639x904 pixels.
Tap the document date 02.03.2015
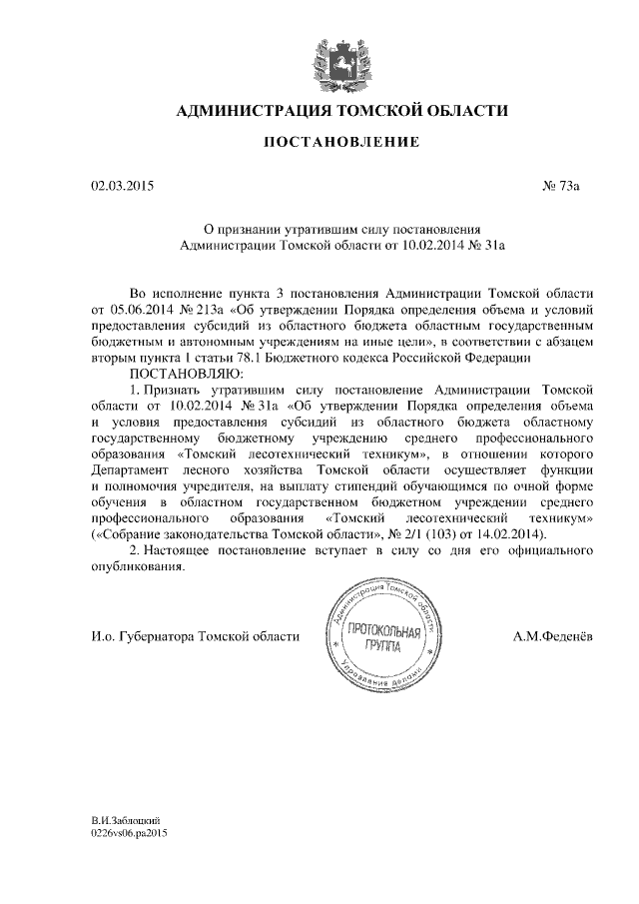point(122,187)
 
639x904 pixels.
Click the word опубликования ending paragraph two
point(137,567)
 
